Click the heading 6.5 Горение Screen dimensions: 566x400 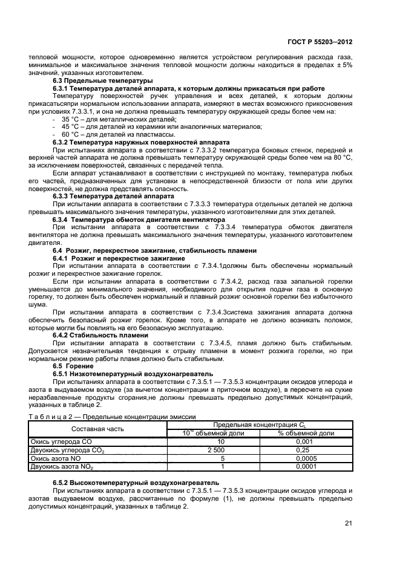point(70,366)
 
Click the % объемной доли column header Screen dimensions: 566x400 point(306,433)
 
